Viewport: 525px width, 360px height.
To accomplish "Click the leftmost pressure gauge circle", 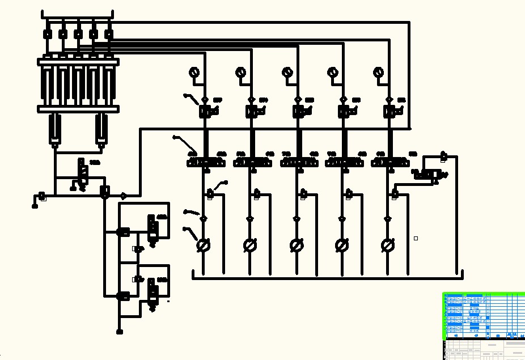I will click(194, 72).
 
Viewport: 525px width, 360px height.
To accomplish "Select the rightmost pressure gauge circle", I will click(378, 72).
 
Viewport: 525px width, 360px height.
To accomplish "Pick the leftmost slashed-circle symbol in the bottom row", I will click(203, 245).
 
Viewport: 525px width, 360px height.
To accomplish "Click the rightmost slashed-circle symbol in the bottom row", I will click(388, 245).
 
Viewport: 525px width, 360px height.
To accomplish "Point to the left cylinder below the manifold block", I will click(54, 129).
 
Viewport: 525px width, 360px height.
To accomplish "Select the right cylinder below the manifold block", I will click(101, 129).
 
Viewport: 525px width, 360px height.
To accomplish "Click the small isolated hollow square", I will click(416, 239).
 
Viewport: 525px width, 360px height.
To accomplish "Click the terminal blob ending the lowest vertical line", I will click(120, 332).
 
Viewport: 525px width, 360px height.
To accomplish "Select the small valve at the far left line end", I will click(42, 197).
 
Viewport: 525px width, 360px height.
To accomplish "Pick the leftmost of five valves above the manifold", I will click(48, 34).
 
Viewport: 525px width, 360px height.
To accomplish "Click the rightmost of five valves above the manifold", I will click(108, 34).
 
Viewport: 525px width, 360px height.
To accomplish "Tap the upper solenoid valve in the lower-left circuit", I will click(152, 226).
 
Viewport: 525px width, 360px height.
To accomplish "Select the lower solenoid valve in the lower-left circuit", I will click(152, 289).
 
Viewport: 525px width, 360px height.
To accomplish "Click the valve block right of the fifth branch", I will click(429, 174).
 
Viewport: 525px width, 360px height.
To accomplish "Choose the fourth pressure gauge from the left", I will click(332, 72).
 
